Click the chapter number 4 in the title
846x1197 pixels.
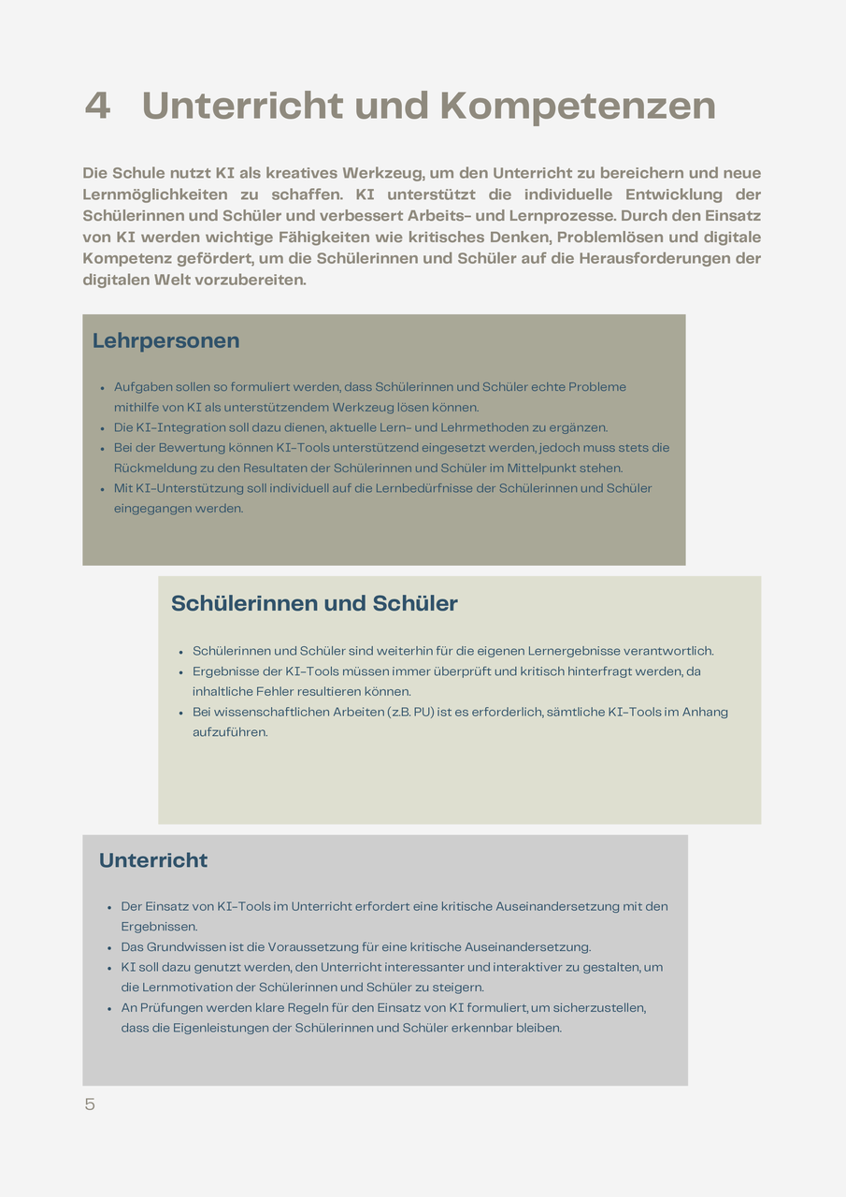click(97, 106)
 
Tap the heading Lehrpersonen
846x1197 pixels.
click(165, 341)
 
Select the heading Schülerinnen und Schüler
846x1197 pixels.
click(314, 604)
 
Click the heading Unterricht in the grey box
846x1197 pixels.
click(153, 860)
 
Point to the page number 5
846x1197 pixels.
click(90, 1104)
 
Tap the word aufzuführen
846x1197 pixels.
click(230, 732)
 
